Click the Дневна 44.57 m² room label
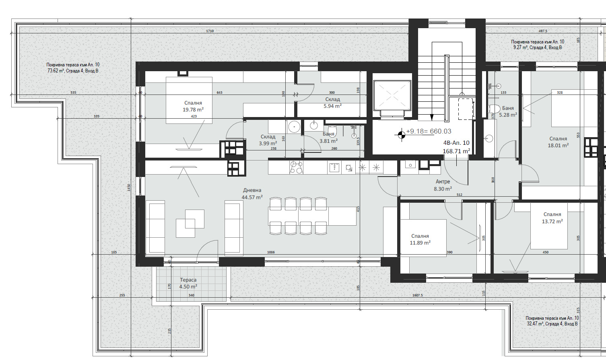[252, 194]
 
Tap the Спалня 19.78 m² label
[193, 106]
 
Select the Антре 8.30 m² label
[443, 185]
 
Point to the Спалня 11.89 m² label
[420, 239]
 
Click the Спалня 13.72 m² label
[552, 218]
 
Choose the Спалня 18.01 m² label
[558, 142]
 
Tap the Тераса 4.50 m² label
[188, 283]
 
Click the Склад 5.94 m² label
[332, 103]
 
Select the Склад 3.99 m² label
[268, 140]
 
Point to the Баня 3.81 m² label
[328, 138]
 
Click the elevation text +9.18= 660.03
[429, 132]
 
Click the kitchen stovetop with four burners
[297, 167]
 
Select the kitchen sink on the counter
[334, 167]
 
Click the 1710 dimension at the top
[210, 31]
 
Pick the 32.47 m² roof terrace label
[552, 321]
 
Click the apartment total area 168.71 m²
[456, 151]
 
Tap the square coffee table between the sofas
[190, 224]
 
